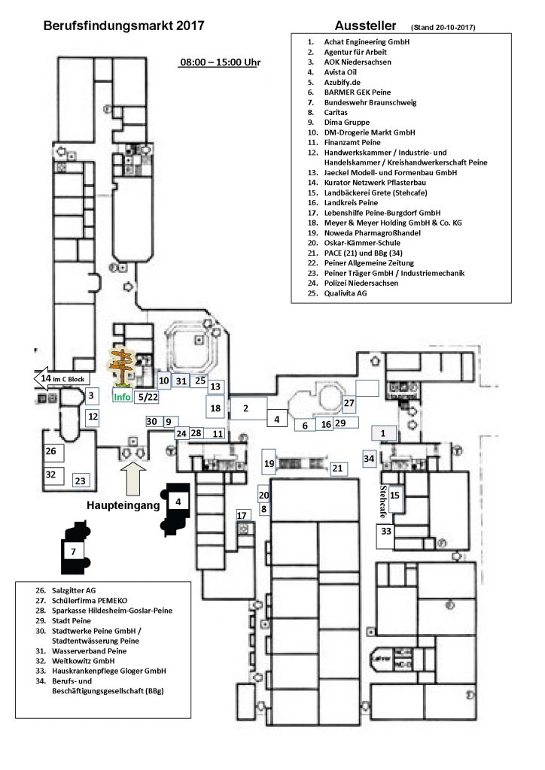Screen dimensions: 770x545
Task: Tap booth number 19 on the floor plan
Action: pos(269,464)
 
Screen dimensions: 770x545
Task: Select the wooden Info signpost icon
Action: pos(120,367)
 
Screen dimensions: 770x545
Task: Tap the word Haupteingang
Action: pos(123,505)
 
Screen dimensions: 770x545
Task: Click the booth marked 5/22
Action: pos(148,396)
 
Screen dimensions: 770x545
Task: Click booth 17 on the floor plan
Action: pos(242,515)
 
